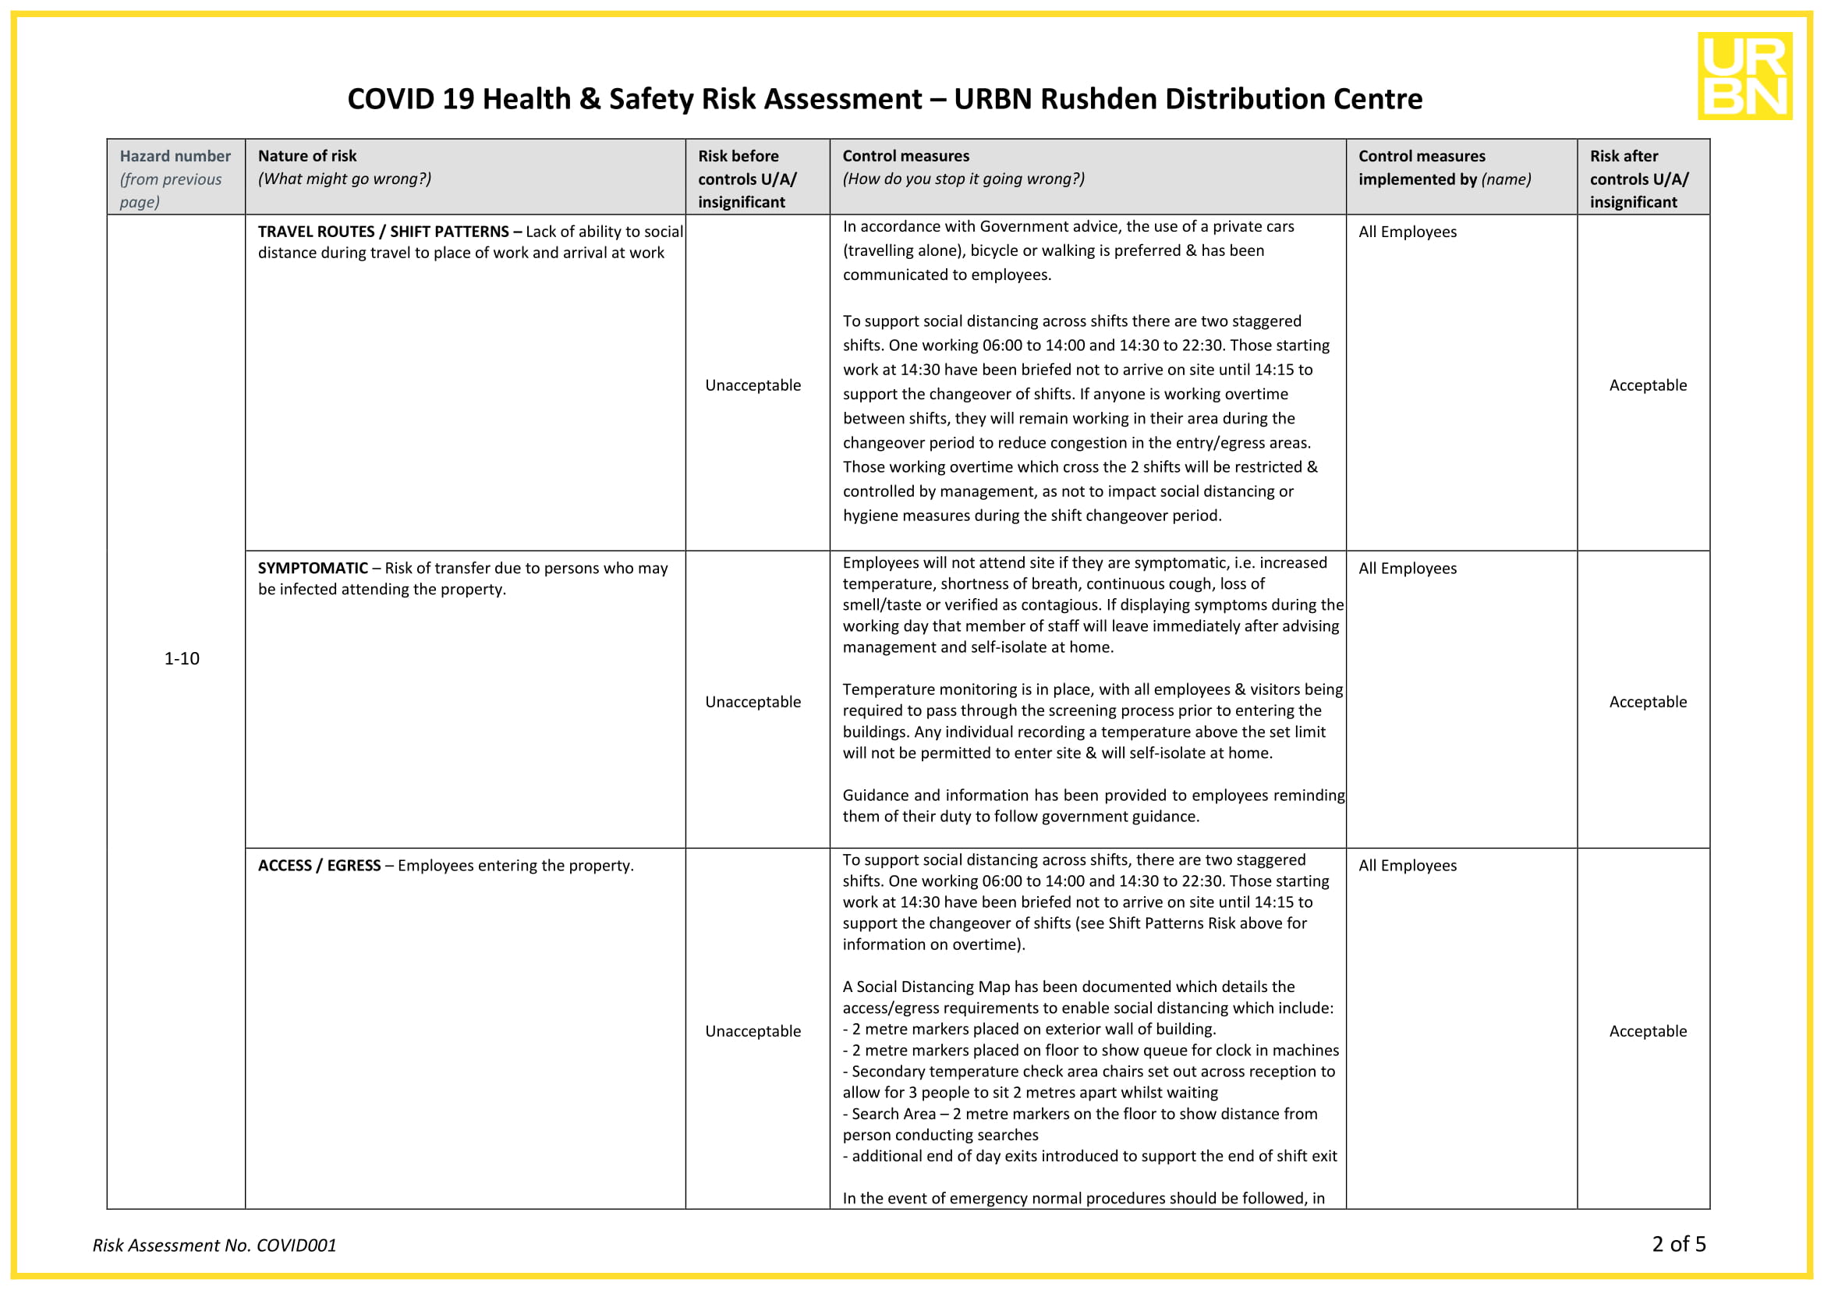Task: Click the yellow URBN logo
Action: pos(1744,76)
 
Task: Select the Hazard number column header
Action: pos(175,157)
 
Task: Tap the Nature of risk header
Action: pos(306,157)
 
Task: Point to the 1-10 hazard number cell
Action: pos(181,658)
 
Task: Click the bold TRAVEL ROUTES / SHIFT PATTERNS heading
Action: pos(389,232)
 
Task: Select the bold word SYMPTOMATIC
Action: pos(312,569)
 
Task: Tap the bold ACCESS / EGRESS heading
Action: pos(319,866)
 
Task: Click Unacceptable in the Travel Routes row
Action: pos(753,385)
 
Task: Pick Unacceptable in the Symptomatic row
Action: pos(753,702)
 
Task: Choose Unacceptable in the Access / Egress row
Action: pos(753,1031)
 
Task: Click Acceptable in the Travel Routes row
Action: pos(1647,385)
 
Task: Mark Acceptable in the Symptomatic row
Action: pos(1647,702)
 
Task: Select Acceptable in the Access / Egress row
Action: pos(1647,1031)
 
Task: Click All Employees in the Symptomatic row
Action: pos(1407,569)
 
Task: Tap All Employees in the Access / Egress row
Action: pos(1407,866)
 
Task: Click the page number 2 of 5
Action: pos(1678,1244)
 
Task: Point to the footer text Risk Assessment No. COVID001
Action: pos(214,1246)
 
